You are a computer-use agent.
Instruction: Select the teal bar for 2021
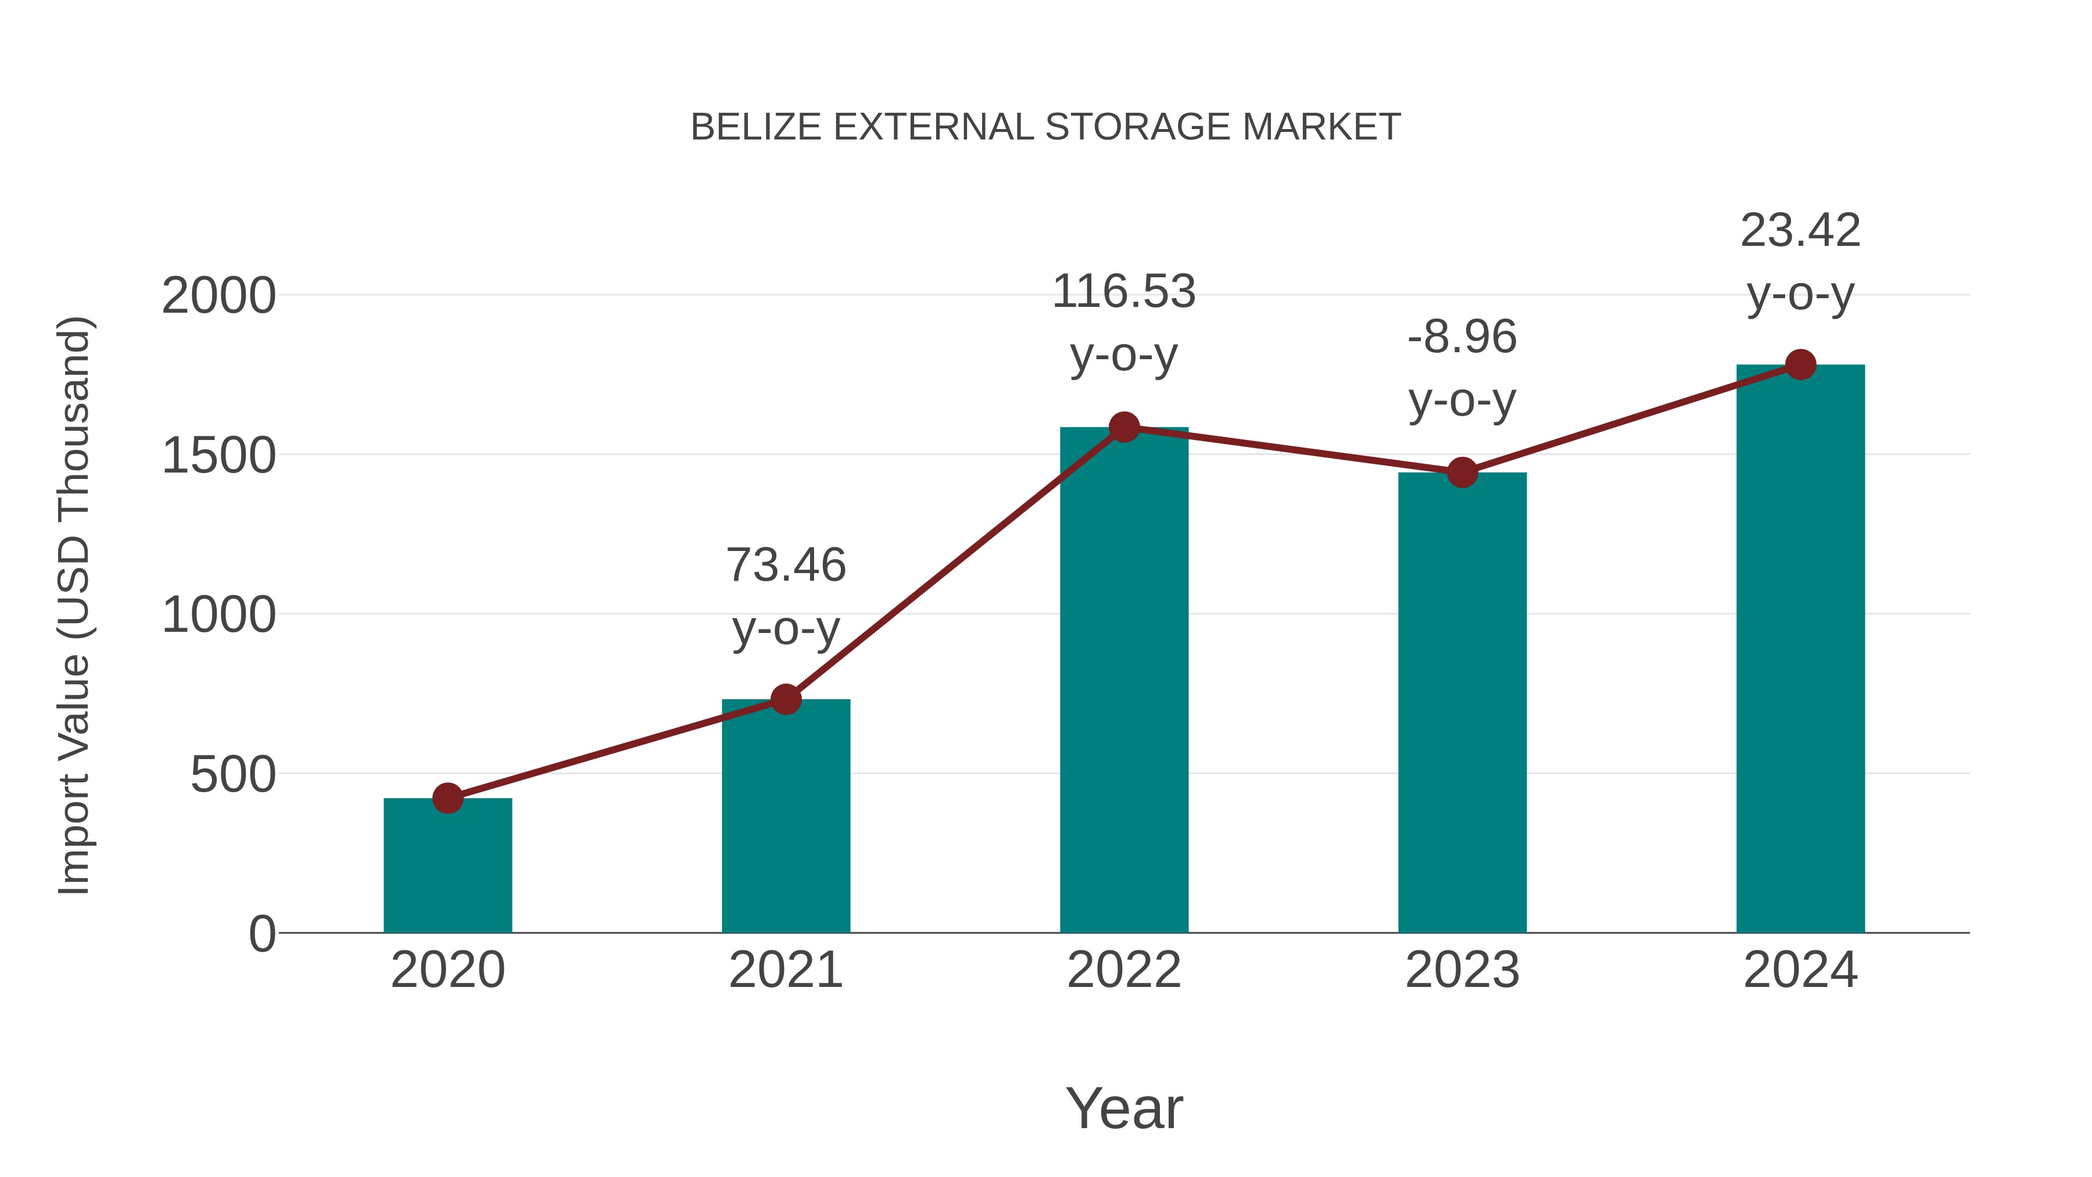(x=785, y=817)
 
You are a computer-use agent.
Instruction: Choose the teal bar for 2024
(x=1800, y=649)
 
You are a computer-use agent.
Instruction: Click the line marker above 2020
(x=447, y=799)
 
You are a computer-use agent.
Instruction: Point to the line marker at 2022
(x=1124, y=427)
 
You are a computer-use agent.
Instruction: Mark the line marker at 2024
(x=1800, y=364)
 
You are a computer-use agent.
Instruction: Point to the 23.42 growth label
(x=1800, y=262)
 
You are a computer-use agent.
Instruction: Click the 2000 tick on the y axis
(x=218, y=296)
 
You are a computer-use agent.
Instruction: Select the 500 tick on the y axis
(x=232, y=774)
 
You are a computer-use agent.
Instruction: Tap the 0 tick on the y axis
(x=261, y=933)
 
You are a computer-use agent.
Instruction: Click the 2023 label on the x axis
(x=1462, y=970)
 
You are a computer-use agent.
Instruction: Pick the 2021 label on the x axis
(x=785, y=970)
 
